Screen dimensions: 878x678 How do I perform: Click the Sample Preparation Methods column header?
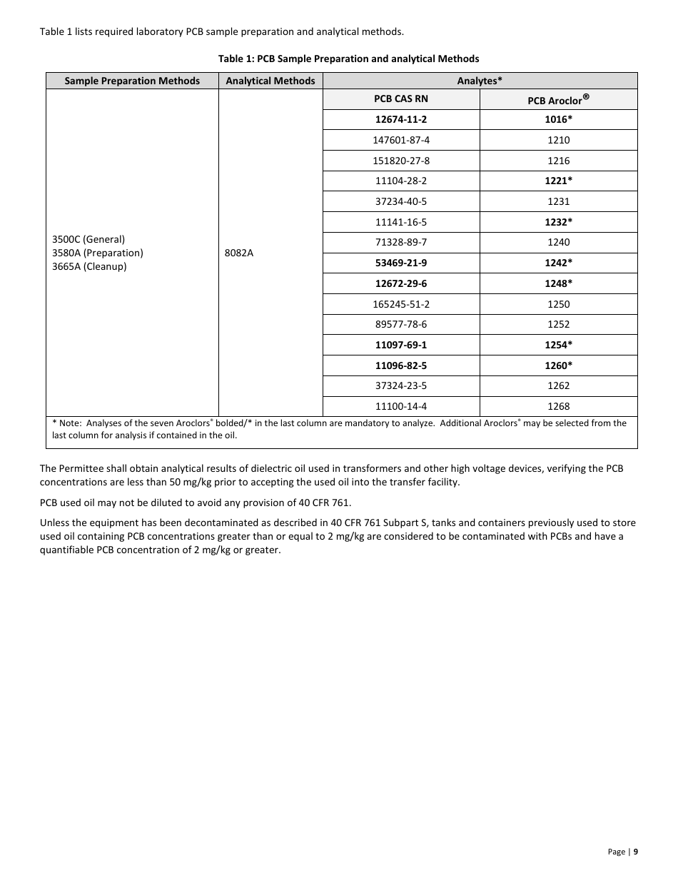[x=132, y=81]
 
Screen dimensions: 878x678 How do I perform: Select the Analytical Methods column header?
[x=270, y=81]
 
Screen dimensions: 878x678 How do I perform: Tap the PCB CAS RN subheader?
[x=401, y=99]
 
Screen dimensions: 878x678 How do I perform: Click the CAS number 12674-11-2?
[x=401, y=119]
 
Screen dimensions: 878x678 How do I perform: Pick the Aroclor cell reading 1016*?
[x=558, y=119]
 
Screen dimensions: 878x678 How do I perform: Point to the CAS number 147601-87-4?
[x=401, y=140]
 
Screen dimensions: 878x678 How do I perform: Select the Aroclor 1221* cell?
[x=558, y=181]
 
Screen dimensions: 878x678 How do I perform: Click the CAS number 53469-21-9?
[x=401, y=263]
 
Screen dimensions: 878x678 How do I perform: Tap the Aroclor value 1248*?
[x=558, y=283]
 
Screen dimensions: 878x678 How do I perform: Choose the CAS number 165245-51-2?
[x=401, y=304]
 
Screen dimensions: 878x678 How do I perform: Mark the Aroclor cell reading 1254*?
[x=558, y=345]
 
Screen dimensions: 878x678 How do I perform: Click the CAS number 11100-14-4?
[x=401, y=406]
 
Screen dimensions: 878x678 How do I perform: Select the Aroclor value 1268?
[x=558, y=406]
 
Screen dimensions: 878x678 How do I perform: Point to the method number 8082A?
[x=239, y=253]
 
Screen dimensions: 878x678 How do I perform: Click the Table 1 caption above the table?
[x=348, y=59]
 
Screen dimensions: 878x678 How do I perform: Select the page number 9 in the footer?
[x=636, y=851]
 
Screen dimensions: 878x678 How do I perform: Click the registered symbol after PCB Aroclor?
[x=586, y=96]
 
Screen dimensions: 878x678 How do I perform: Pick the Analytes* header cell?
[x=480, y=81]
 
